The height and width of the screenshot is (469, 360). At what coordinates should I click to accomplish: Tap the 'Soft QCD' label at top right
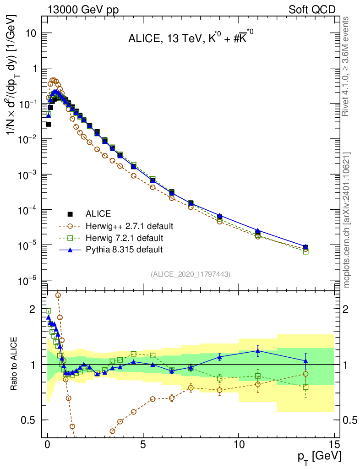coord(312,9)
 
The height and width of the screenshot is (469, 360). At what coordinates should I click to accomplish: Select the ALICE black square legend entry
coord(70,214)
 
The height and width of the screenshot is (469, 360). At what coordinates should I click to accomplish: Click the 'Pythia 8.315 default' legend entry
coord(124,250)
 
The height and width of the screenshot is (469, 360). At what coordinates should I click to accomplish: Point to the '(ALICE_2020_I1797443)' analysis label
coord(190,274)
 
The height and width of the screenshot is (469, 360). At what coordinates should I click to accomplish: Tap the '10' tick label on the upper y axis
coord(30,33)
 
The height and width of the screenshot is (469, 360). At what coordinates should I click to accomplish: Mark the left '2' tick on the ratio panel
coord(33,309)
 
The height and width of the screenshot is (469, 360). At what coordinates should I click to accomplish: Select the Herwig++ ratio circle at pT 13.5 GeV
coord(305,374)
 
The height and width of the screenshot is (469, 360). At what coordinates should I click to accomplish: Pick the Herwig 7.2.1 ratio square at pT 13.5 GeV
coord(305,387)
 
